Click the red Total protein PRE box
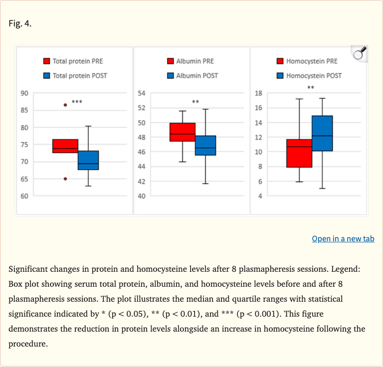(65, 146)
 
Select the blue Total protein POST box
(88, 160)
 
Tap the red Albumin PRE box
(183, 132)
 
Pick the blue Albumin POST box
(205, 145)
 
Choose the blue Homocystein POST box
(322, 133)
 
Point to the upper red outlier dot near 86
(65, 105)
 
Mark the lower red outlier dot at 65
(65, 179)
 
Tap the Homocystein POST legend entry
(309, 76)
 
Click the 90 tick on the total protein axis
(24, 93)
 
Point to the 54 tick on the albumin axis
(141, 93)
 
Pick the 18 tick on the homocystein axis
(258, 93)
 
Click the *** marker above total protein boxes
(77, 102)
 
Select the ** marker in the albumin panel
(195, 102)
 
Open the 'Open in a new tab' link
(343, 239)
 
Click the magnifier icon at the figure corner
(359, 53)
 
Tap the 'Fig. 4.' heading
(20, 23)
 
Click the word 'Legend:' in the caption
(352, 269)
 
